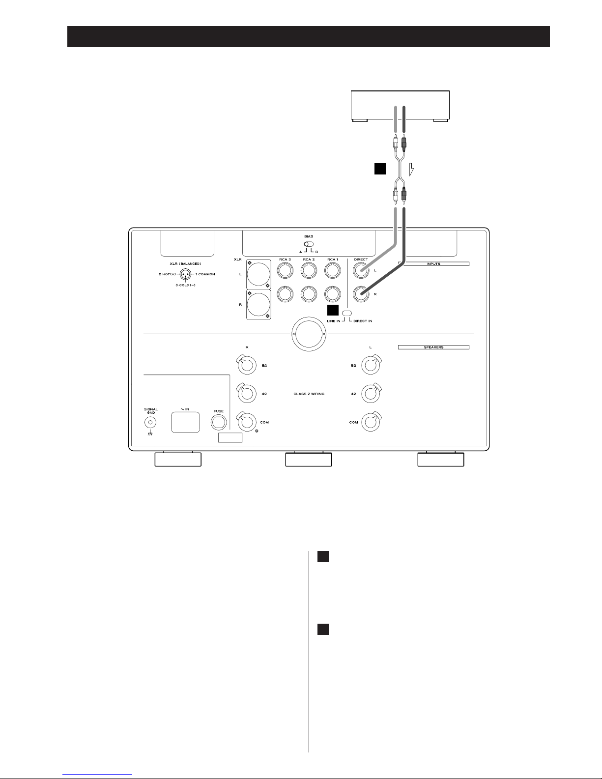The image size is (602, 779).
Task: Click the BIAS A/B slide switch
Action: point(309,244)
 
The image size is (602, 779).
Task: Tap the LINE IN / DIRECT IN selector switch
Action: point(347,314)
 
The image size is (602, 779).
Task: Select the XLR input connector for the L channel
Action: point(258,274)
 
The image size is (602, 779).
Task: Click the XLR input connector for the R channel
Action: point(258,304)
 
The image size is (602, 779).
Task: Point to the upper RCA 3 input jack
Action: point(285,270)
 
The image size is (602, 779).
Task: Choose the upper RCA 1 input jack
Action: point(333,270)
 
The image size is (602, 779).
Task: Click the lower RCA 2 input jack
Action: point(309,294)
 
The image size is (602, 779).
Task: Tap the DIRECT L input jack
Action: point(361,270)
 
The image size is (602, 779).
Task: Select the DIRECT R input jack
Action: point(361,294)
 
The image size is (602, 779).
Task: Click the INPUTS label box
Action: point(433,264)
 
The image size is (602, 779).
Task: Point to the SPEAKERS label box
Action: point(433,347)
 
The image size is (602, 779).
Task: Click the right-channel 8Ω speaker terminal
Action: point(247,365)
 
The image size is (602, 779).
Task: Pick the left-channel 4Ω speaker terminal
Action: point(371,394)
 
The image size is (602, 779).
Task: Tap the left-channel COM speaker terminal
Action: point(371,422)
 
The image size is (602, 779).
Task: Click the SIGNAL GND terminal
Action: point(150,422)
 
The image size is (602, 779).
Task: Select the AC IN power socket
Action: point(185,422)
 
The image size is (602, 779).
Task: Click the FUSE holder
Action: point(219,422)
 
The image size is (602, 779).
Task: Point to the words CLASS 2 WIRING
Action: point(309,394)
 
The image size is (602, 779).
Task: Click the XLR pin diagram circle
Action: point(185,274)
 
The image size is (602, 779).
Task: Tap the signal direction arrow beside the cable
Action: point(411,169)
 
